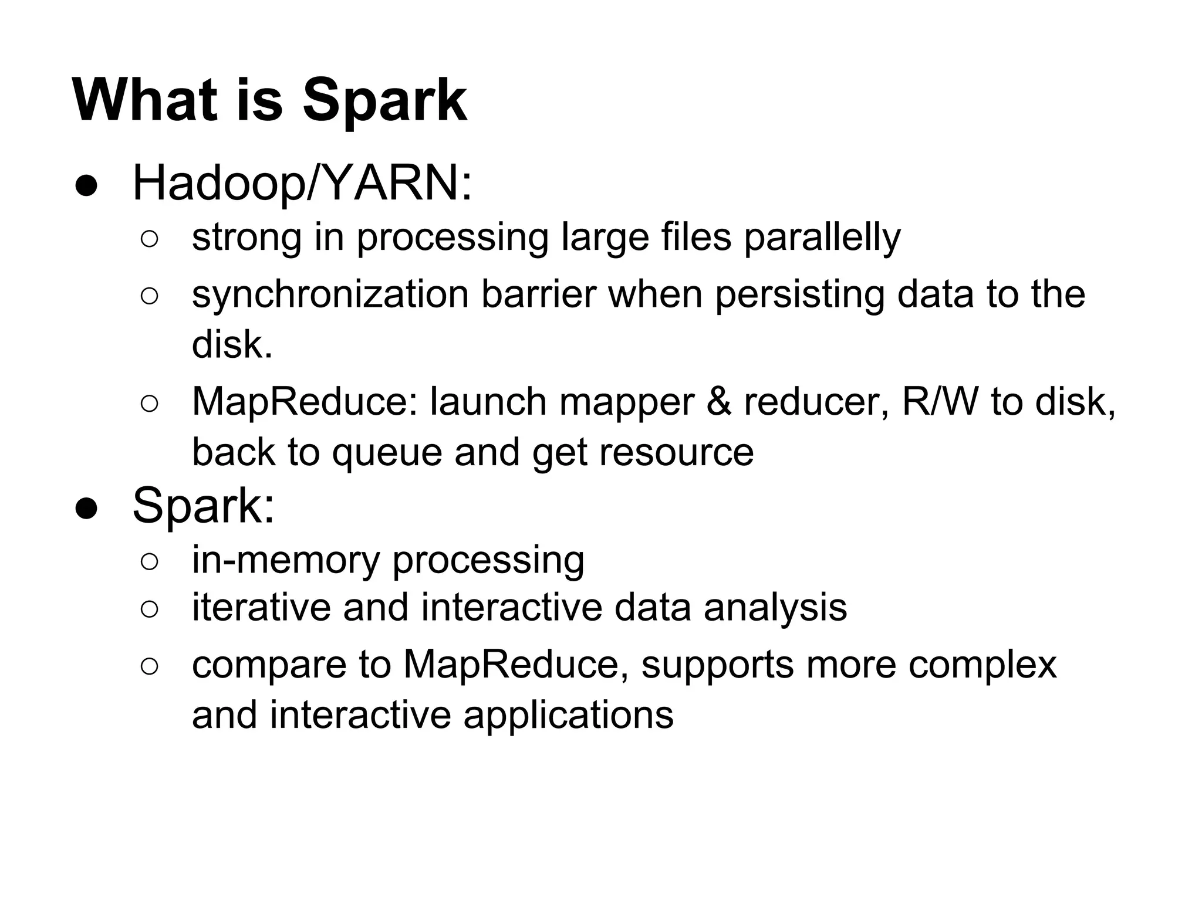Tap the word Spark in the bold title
pos(384,101)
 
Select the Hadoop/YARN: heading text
pos(302,184)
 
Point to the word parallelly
pos(822,237)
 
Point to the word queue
pos(387,452)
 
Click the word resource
pos(676,452)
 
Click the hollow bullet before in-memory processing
pos(149,562)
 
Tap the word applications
pos(568,715)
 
